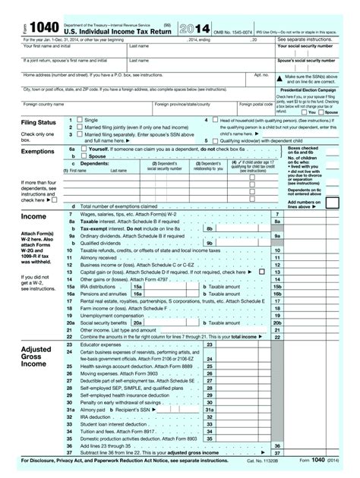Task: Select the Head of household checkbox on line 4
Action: pyautogui.click(x=215, y=121)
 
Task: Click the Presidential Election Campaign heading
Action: pyautogui.click(x=312, y=89)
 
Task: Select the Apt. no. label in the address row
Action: pyautogui.click(x=261, y=74)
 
